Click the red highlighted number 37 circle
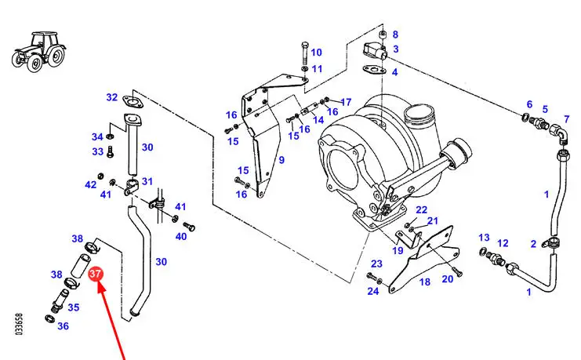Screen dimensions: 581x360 (95, 274)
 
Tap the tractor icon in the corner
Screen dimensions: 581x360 (39, 51)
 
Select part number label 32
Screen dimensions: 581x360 (112, 97)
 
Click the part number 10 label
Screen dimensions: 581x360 (316, 53)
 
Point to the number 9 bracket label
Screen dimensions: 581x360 (281, 160)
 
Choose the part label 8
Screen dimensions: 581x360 (395, 35)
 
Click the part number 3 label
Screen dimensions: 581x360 (396, 49)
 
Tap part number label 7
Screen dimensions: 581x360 (567, 119)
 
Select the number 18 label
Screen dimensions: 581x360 (425, 282)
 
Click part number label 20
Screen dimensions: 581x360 (448, 278)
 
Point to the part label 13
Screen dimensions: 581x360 (484, 238)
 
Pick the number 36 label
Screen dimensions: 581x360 (63, 326)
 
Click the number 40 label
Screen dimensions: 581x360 (181, 236)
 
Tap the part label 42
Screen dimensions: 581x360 (91, 184)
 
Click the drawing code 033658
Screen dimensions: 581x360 (20, 325)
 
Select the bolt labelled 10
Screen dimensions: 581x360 (304, 54)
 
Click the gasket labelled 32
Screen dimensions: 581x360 (133, 102)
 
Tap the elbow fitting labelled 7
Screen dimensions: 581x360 (559, 133)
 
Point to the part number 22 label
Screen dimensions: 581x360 (421, 210)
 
